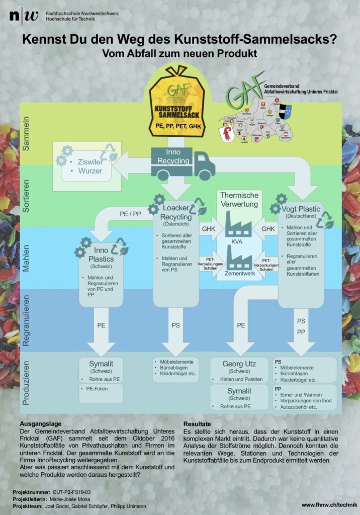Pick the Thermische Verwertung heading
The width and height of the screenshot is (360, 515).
pos(239,199)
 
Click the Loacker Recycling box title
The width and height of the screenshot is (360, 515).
pos(176,212)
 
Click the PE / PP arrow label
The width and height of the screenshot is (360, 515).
pos(130,214)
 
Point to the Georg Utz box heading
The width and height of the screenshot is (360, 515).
pos(239,364)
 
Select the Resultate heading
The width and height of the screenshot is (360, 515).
pos(197,424)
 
